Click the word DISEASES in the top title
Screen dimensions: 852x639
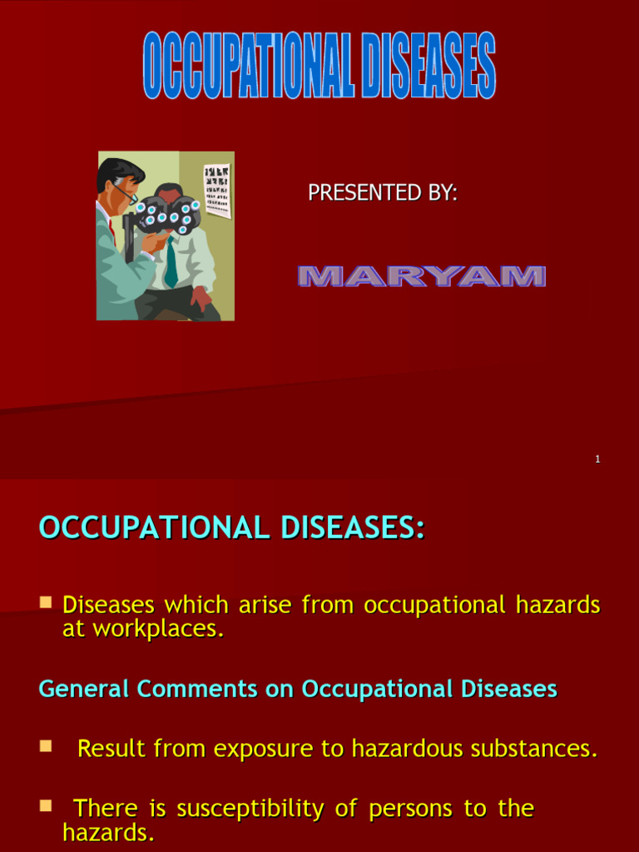coord(428,67)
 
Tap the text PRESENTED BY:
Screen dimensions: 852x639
coord(383,193)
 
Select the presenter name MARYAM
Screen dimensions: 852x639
coord(421,277)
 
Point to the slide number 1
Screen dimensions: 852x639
coord(597,459)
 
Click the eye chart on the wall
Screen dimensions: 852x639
coord(216,190)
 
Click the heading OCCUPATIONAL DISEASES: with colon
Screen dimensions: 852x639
coord(232,528)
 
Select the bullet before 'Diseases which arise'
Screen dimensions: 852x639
coord(47,601)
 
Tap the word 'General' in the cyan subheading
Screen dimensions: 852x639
coord(84,689)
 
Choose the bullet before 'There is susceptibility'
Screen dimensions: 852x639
coord(47,805)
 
